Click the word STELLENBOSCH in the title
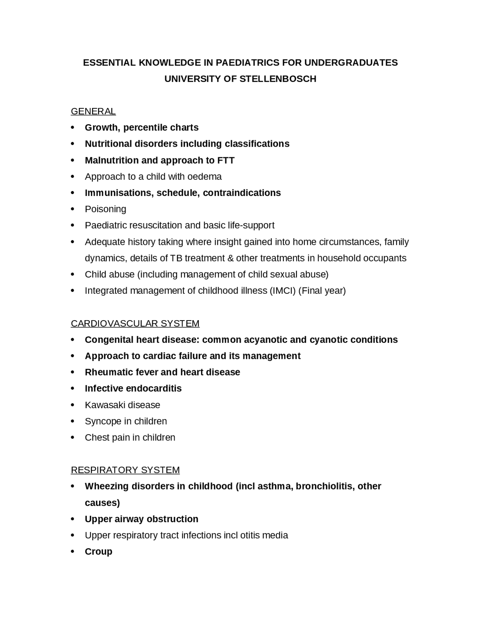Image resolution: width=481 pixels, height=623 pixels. point(278,79)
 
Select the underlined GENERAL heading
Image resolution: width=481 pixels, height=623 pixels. point(93,111)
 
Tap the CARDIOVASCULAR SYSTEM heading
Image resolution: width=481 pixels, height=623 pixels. point(135,324)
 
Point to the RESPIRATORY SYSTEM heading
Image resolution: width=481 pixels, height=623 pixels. point(125,470)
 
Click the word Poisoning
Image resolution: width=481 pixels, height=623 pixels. point(106,209)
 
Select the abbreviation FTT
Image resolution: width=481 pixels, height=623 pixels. point(226,160)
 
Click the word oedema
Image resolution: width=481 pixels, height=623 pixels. point(204,177)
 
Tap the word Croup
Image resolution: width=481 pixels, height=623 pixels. point(98,552)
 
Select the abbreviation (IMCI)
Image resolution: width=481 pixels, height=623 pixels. point(283,291)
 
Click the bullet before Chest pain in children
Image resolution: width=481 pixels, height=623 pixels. point(73,438)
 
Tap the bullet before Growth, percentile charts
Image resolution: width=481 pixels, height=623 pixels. point(73,128)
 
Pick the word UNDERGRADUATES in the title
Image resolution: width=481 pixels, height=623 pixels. point(351,62)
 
